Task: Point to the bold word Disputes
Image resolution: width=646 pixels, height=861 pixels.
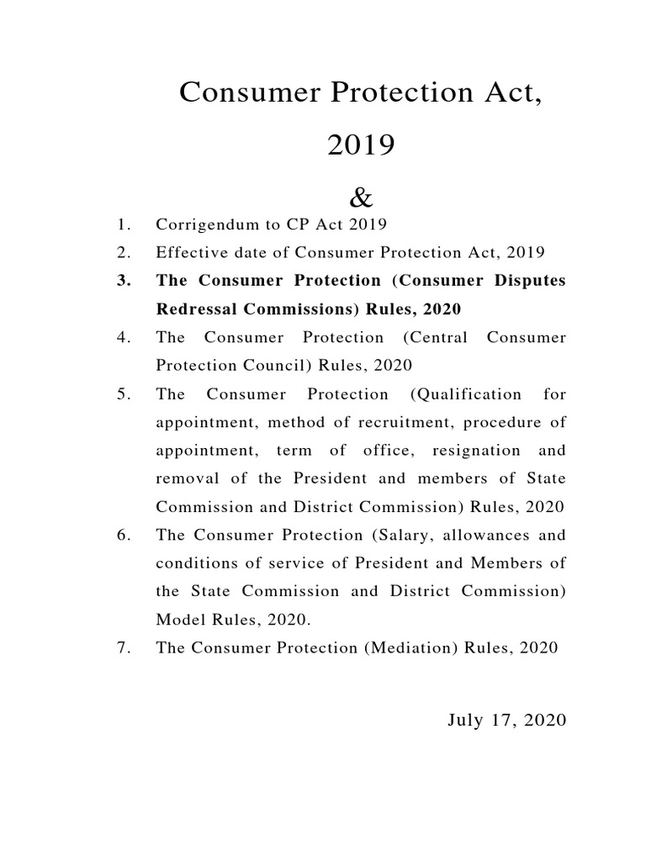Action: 532,280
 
